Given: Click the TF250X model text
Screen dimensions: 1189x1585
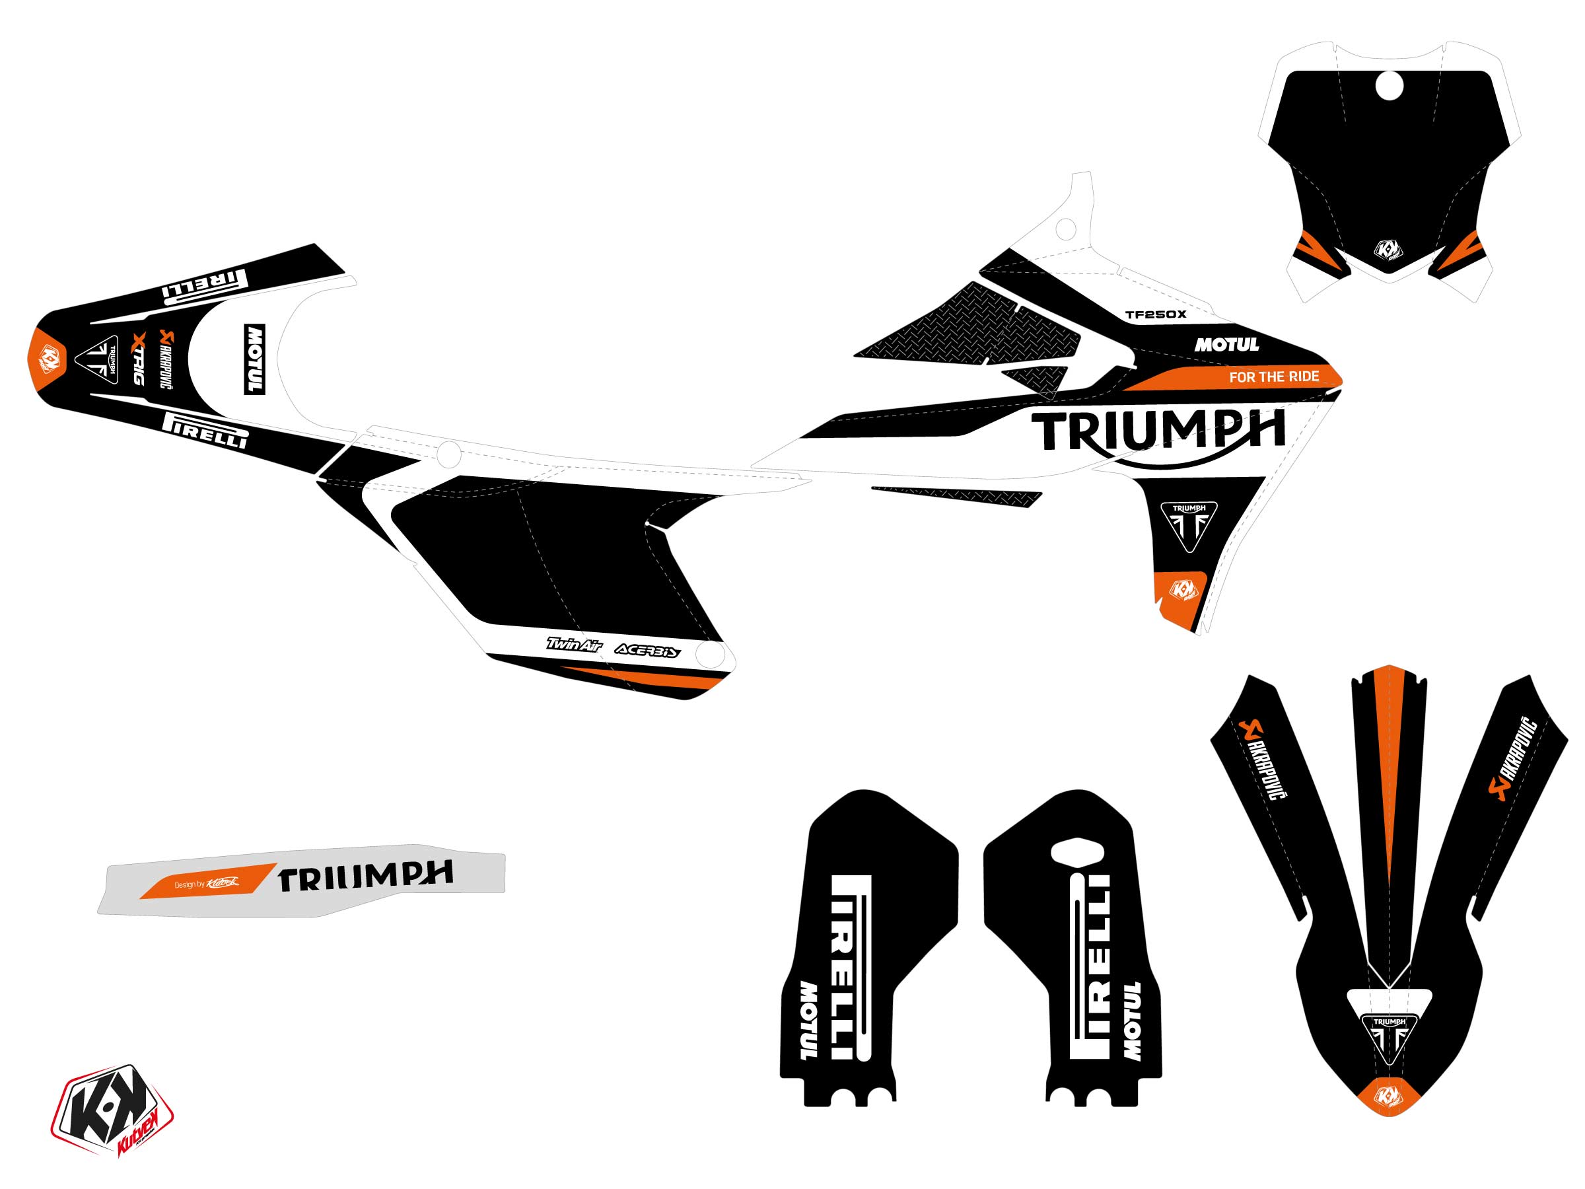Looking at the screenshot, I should click(x=1155, y=314).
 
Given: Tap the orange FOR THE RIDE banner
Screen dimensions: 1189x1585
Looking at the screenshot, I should click(x=1273, y=377).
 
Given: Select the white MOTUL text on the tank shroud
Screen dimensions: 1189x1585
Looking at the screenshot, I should click(x=1226, y=345).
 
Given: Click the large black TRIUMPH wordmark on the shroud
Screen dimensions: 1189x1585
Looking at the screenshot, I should click(x=1156, y=431).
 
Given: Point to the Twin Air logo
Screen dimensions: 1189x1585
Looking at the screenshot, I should click(x=573, y=644).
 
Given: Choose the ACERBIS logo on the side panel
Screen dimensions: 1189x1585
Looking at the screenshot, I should click(x=648, y=651).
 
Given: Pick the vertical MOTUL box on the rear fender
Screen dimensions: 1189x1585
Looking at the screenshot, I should click(x=254, y=359).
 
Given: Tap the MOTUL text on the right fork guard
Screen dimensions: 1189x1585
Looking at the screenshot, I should click(x=1131, y=1021).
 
